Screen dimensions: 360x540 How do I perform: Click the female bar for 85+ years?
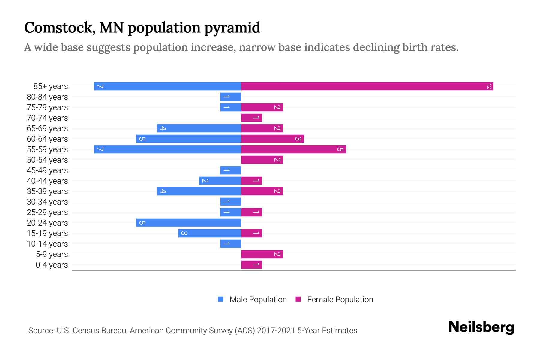[367, 86]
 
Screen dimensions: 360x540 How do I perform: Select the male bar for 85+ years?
[168, 86]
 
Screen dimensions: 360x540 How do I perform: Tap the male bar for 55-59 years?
[168, 149]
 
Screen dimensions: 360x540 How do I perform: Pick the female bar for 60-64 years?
[273, 139]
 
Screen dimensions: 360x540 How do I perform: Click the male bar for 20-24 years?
[189, 223]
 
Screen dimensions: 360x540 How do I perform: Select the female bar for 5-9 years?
[262, 254]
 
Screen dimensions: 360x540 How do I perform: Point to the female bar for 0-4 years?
[252, 265]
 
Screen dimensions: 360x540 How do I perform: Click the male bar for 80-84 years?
[231, 97]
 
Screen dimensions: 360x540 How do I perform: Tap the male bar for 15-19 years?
[210, 233]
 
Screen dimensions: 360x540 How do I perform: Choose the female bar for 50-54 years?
[262, 160]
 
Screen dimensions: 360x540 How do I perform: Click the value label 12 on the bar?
[489, 86]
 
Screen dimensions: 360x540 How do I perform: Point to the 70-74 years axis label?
[47, 118]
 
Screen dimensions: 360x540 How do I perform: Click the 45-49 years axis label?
[47, 170]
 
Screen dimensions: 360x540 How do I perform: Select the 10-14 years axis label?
[47, 244]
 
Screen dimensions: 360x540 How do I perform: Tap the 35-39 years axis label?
[47, 191]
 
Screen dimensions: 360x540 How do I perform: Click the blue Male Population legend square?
[221, 299]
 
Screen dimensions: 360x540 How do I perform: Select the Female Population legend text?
[340, 300]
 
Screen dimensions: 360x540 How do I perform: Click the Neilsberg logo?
[481, 327]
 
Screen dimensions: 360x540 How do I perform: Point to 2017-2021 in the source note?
[276, 331]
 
